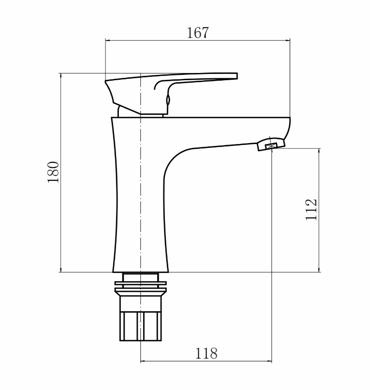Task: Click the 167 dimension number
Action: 198,33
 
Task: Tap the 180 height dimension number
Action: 53,172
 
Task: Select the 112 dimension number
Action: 311,209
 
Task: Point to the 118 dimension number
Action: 206,353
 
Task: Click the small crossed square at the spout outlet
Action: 271,146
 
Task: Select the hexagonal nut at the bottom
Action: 141,326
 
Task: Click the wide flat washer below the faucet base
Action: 140,283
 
